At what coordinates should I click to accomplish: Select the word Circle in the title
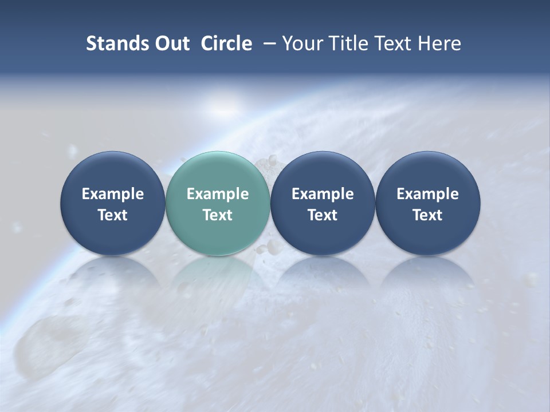226,43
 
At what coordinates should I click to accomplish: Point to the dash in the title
267,43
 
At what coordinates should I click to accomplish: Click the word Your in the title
300,43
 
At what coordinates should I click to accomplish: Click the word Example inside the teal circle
218,194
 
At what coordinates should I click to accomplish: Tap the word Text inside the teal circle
218,215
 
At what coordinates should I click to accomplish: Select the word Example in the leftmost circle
112,194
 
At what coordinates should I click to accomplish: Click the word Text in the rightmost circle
427,215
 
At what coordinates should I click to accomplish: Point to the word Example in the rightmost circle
427,194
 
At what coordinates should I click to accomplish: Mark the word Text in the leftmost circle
112,215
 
